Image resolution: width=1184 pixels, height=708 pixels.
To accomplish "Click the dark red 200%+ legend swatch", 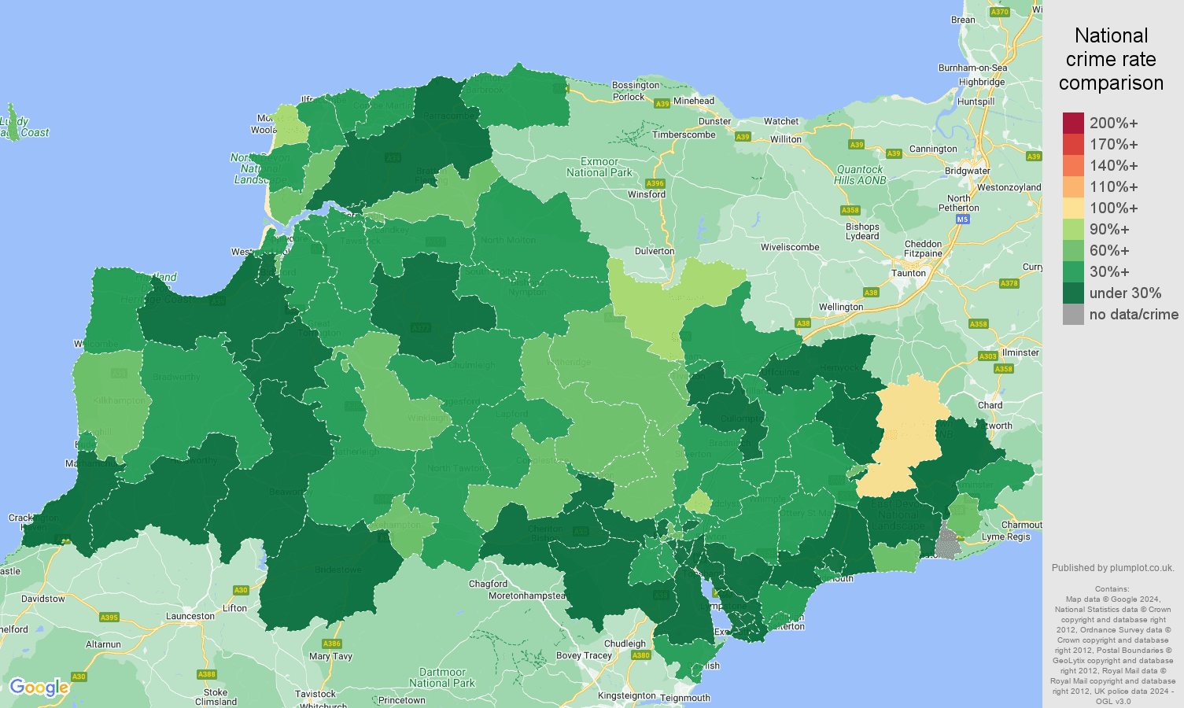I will click(1073, 124).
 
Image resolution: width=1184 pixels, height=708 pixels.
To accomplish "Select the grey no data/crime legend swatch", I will click(1073, 315).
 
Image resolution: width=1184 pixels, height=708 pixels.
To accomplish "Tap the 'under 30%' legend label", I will click(1125, 293).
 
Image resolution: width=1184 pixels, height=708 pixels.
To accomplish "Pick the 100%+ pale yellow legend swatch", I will click(1073, 208).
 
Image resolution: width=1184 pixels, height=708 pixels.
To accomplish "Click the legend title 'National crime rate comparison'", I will click(1111, 60).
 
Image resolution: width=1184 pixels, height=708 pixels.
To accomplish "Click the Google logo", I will click(39, 688).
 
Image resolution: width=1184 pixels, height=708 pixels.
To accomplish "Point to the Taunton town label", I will click(908, 273).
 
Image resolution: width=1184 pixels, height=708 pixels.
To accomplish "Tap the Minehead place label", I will click(694, 101).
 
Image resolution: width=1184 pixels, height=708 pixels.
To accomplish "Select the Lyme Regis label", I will click(1005, 537).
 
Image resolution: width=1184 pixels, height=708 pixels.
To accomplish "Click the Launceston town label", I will click(190, 616).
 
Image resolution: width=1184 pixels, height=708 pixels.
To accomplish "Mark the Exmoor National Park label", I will click(599, 167).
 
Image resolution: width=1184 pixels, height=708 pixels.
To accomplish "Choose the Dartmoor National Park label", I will click(442, 677).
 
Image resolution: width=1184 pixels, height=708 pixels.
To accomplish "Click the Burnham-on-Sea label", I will click(972, 68).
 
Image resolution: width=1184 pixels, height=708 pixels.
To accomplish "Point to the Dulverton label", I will click(655, 252).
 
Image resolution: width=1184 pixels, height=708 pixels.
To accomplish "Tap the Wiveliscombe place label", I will click(790, 247).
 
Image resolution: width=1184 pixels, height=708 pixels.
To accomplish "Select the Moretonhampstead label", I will click(527, 596).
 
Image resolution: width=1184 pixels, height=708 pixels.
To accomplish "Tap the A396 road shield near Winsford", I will click(655, 183).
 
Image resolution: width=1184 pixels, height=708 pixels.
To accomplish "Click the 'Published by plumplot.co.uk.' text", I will click(1112, 568).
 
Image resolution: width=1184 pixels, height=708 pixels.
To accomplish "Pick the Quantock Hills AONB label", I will click(860, 175).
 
